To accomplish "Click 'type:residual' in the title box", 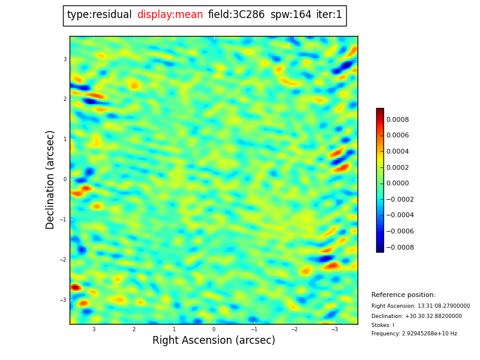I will (99, 15).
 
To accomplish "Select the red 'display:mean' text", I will (170, 15).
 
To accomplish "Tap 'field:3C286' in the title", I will (236, 15).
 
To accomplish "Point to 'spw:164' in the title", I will (290, 15).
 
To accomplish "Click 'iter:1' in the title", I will (329, 15).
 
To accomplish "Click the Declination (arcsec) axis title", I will (50, 179).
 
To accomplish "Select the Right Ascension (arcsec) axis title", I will (214, 341).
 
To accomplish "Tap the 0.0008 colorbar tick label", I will (397, 119).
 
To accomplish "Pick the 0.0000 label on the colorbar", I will (397, 184).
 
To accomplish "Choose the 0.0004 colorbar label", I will (397, 152).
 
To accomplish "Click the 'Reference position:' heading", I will (403, 295).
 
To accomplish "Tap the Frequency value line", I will (414, 334).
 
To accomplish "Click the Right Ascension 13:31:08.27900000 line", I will (421, 306).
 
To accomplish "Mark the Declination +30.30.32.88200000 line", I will (416, 316).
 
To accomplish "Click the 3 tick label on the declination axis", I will (65, 59).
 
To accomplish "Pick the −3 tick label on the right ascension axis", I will (334, 329).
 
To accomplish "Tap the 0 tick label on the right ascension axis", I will (214, 329).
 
